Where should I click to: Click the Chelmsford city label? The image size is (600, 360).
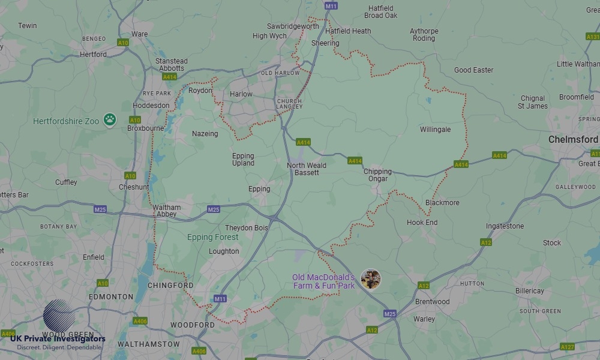click(x=573, y=139)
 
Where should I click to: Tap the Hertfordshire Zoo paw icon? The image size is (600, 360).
click(x=109, y=120)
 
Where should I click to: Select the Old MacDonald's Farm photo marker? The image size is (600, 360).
click(x=371, y=279)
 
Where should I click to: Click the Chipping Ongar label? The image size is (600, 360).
click(x=377, y=175)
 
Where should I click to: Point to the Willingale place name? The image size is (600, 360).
click(x=435, y=130)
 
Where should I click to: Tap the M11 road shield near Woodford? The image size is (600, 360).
click(x=220, y=299)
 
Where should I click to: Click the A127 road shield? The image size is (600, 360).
click(x=567, y=347)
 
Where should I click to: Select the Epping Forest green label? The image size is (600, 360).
click(x=212, y=237)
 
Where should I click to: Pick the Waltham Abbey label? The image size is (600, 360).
click(x=166, y=211)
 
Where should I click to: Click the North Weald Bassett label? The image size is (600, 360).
click(x=307, y=169)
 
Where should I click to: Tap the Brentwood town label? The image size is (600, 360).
click(x=432, y=302)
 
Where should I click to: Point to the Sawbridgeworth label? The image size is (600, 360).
click(x=293, y=26)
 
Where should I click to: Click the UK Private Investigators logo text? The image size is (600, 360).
click(x=58, y=339)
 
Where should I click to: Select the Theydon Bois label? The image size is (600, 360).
click(x=246, y=228)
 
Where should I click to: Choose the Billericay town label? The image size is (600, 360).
click(x=529, y=291)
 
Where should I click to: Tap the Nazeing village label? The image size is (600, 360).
click(x=205, y=134)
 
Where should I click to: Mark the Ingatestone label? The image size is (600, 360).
click(x=505, y=226)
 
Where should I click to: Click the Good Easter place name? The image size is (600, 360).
click(x=473, y=70)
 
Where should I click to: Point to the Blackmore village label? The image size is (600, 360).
click(x=442, y=203)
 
